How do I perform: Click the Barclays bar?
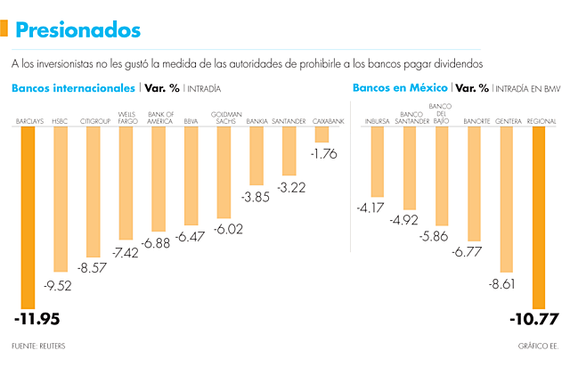point(28,214)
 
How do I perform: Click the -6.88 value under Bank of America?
point(159,242)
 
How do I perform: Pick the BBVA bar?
point(191,175)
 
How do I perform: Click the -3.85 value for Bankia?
point(256,198)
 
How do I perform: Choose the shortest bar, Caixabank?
point(322,134)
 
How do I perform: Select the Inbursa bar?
point(377,161)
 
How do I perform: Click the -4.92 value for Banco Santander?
point(410,220)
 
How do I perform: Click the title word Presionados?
point(77,30)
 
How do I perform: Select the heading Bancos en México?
point(400,88)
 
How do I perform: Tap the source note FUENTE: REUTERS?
point(38,346)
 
